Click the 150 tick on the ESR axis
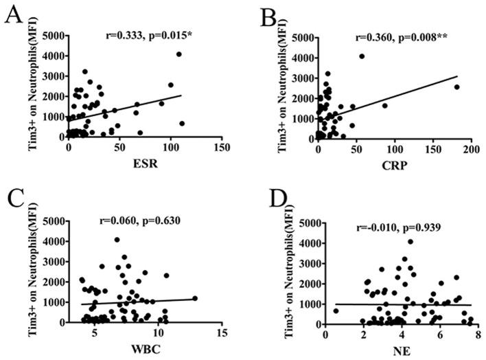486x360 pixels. click(221, 148)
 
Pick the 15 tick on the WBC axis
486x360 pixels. click(221, 333)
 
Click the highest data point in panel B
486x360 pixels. click(362, 56)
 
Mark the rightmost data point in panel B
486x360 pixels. click(456, 87)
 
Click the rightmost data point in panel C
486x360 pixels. click(195, 298)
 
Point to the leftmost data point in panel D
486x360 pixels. click(336, 311)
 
